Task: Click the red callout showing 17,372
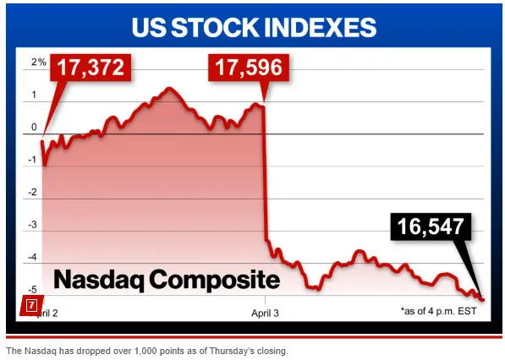[x=92, y=68]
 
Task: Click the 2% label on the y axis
[x=39, y=63]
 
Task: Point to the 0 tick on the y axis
[x=35, y=128]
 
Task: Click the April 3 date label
[x=266, y=311]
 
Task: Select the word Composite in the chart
[x=216, y=280]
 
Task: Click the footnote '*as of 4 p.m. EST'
[x=438, y=311]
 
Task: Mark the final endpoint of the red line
[x=482, y=299]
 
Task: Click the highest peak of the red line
[x=168, y=88]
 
